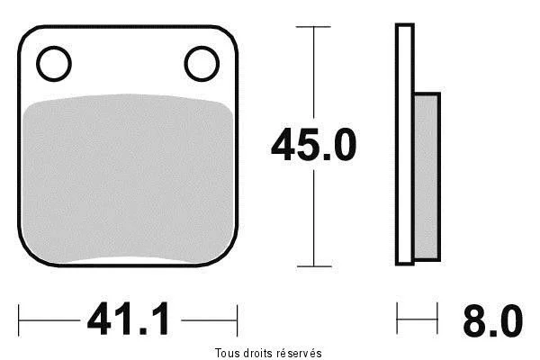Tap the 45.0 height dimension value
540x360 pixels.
313,144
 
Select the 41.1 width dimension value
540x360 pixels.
129,319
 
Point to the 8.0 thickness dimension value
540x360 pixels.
493,320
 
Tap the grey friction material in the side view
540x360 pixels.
427,176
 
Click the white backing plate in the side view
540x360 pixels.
405,144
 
